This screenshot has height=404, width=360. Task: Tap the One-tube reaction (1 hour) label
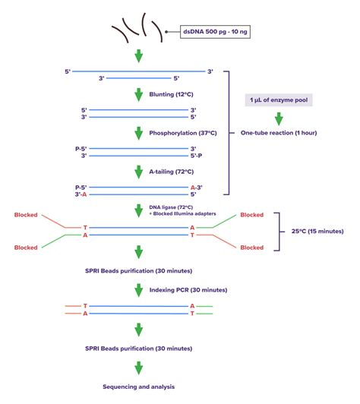(279, 133)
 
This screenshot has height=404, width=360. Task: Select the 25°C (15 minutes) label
(317, 231)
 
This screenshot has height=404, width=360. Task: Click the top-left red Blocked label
(27, 215)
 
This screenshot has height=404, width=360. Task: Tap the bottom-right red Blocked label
(252, 248)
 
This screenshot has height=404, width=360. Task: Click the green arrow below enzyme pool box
(279, 118)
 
